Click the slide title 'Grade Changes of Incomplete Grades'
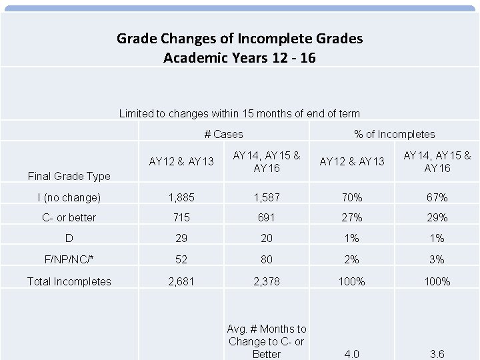click(240, 39)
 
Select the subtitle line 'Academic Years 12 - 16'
click(240, 58)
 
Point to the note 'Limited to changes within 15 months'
click(239, 113)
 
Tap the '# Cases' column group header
click(223, 134)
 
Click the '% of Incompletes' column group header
click(395, 134)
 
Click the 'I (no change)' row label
click(69, 197)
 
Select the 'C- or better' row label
click(69, 218)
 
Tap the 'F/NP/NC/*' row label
click(69, 260)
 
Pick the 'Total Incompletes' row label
click(69, 281)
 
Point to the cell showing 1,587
click(267, 197)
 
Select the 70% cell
click(352, 197)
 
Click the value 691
click(267, 218)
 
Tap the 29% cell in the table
click(438, 218)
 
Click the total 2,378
click(267, 281)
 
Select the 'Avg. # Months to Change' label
click(267, 341)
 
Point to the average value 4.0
click(352, 354)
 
